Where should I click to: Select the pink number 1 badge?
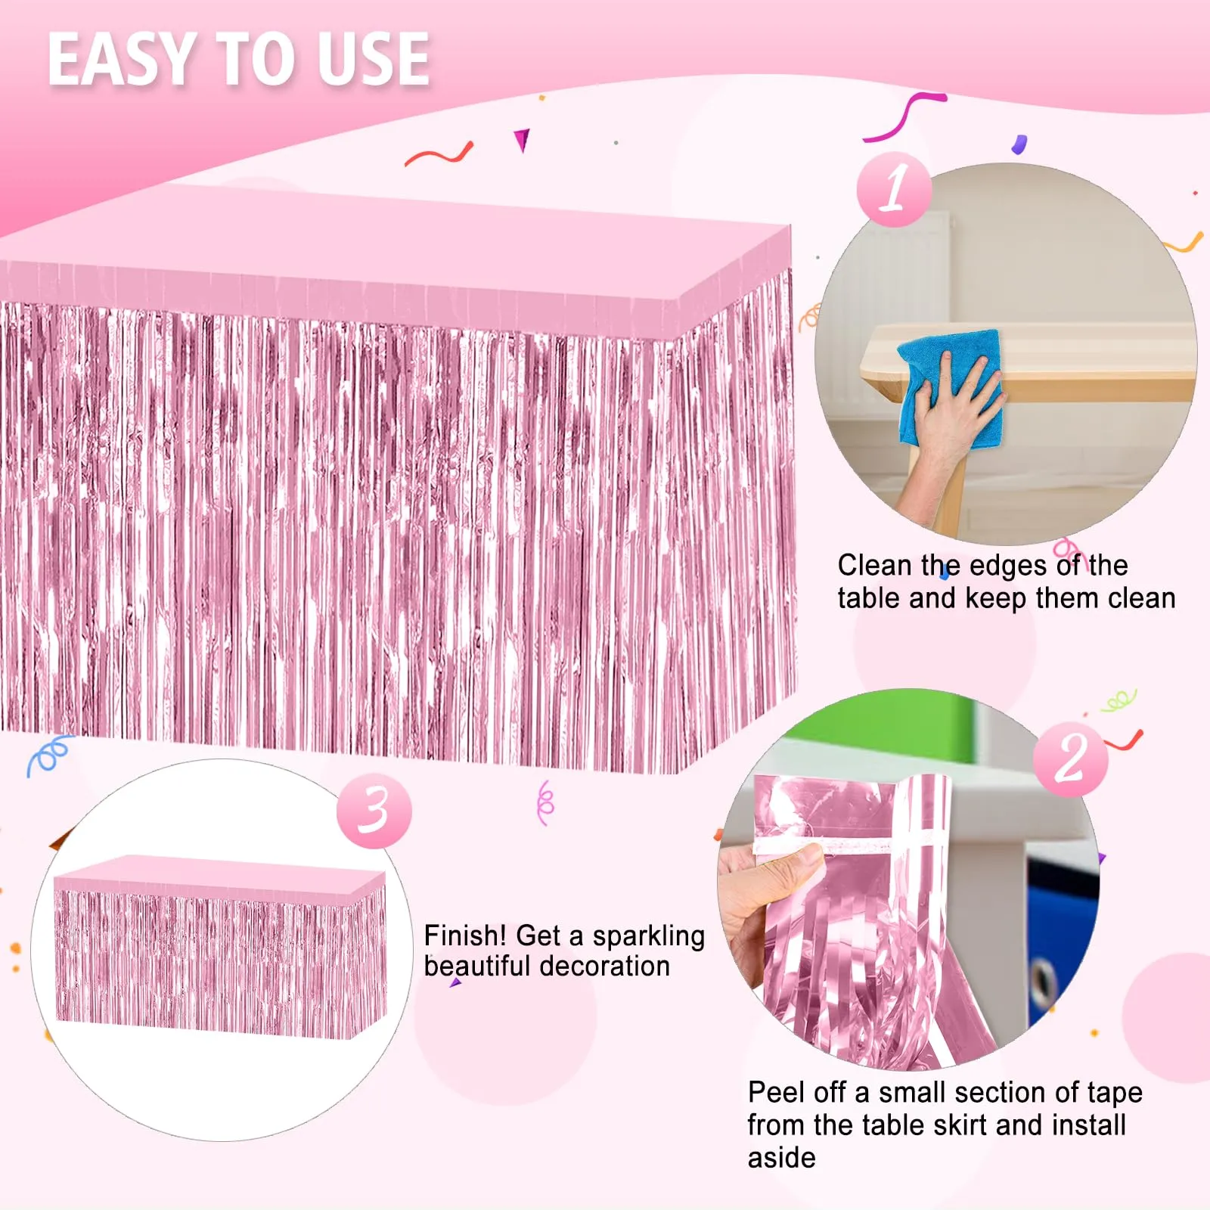pyautogui.click(x=895, y=189)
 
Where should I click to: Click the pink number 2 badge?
pyautogui.click(x=1070, y=759)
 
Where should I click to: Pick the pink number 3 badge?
pyautogui.click(x=374, y=810)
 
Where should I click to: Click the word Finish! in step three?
pyautogui.click(x=465, y=936)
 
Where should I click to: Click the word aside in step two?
pyautogui.click(x=782, y=1158)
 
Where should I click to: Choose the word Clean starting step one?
pyautogui.click(x=875, y=565)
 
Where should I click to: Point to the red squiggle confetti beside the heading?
pyautogui.click(x=439, y=154)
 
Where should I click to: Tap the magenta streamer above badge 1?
pyautogui.click(x=904, y=116)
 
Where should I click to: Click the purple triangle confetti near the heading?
pyautogui.click(x=522, y=140)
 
